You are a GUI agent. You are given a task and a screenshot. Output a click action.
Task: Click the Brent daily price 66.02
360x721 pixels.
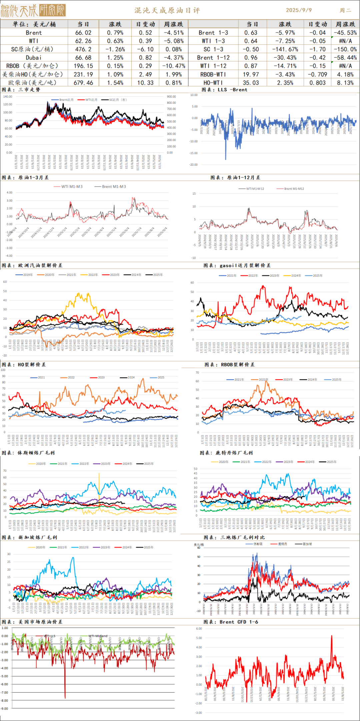pos(83,33)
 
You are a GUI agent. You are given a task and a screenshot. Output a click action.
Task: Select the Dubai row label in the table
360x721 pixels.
pos(34,58)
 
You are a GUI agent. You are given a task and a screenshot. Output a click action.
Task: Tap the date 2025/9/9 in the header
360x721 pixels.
pos(299,10)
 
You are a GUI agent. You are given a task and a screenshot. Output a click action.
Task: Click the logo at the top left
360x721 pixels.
pos(33,11)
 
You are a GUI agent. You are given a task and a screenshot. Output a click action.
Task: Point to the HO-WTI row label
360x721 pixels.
pos(213,83)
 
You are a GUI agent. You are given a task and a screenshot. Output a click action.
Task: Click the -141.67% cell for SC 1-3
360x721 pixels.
pos(285,49)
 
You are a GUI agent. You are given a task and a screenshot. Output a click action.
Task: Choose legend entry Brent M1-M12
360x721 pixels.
pos(294,189)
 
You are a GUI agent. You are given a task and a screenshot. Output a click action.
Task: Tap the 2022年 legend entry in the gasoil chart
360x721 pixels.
pos(253,276)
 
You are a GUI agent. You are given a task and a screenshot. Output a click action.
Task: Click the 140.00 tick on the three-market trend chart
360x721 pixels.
pos(7,97)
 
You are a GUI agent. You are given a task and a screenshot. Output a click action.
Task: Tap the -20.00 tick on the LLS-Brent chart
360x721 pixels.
pos(194,165)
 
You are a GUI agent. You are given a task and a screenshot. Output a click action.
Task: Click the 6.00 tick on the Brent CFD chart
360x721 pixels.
pos(199,629)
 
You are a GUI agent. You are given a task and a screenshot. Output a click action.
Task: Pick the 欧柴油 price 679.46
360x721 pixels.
pos(83,83)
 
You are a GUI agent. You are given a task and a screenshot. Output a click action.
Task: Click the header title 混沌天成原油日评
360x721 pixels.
pos(167,10)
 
